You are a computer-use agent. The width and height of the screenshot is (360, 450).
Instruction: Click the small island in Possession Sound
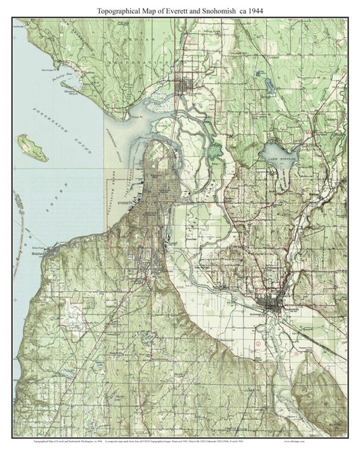tap(33, 147)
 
